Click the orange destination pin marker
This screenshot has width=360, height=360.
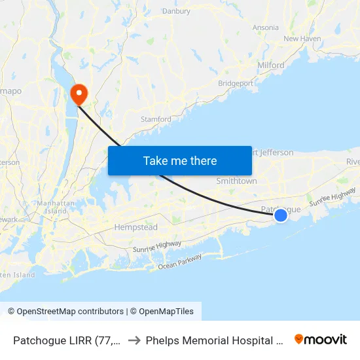click(x=79, y=94)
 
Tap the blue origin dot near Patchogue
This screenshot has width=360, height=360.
click(x=280, y=215)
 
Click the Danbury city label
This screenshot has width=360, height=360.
click(x=176, y=11)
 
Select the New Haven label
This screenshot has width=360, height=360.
click(x=302, y=39)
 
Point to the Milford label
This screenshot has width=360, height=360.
click(x=271, y=65)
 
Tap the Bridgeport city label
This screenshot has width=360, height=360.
click(x=236, y=84)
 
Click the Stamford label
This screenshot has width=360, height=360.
click(x=156, y=120)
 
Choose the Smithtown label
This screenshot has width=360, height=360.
click(x=236, y=181)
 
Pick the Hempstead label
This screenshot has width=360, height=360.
click(x=136, y=227)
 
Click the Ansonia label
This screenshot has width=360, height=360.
click(x=265, y=27)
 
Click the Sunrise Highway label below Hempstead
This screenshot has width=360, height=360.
click(x=157, y=247)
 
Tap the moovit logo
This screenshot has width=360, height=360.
click(x=320, y=339)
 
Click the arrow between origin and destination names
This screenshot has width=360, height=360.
click(x=134, y=340)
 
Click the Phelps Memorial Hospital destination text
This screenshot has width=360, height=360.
click(x=213, y=340)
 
